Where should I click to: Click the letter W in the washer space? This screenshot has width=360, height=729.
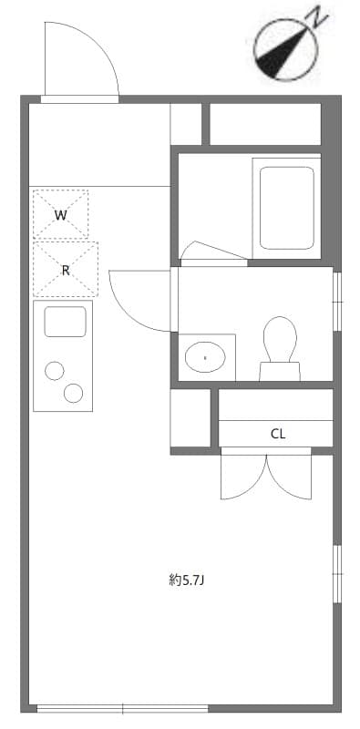(60, 216)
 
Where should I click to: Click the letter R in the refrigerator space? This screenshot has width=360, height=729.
(66, 270)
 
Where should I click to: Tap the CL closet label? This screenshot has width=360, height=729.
(278, 434)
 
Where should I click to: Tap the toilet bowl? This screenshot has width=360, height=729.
(280, 337)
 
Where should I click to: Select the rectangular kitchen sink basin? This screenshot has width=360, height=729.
(65, 322)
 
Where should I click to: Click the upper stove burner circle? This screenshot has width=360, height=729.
(55, 370)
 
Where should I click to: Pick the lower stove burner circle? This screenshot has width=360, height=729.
(74, 393)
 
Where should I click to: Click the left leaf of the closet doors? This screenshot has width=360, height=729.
(243, 476)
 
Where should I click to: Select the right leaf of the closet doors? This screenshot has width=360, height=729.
(290, 476)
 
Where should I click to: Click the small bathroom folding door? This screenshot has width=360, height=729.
(213, 252)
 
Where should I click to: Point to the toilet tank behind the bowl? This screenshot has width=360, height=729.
(279, 371)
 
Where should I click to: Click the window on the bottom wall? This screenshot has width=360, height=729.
(122, 708)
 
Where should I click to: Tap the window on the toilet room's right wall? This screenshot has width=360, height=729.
(337, 300)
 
